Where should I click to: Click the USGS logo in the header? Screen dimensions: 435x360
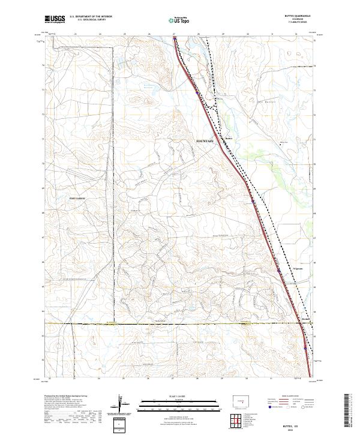coord(55,20)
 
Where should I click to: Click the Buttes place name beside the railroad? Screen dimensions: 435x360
coord(227,137)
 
